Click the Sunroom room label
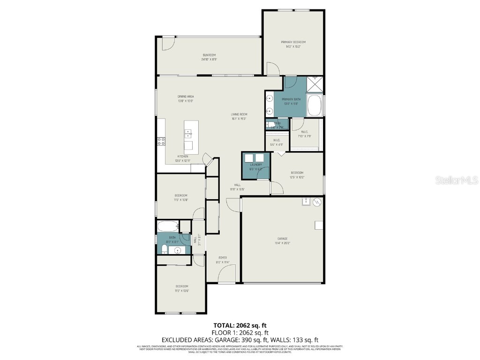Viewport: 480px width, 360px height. [x=209, y=57]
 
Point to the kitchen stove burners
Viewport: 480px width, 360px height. [x=161, y=141]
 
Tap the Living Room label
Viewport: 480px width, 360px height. [x=239, y=114]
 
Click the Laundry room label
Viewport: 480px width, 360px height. [x=255, y=165]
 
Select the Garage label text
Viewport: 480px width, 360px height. [x=282, y=239]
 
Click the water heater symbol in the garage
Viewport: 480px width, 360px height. [x=317, y=202]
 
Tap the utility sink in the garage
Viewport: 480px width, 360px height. [x=305, y=202]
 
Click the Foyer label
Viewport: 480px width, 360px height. [x=223, y=258]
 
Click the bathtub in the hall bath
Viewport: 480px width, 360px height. [x=168, y=226]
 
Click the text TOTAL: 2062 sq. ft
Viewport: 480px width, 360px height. [x=240, y=325]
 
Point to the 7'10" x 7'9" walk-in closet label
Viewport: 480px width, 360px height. [x=305, y=134]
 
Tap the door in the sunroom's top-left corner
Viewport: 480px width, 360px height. [x=166, y=44]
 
